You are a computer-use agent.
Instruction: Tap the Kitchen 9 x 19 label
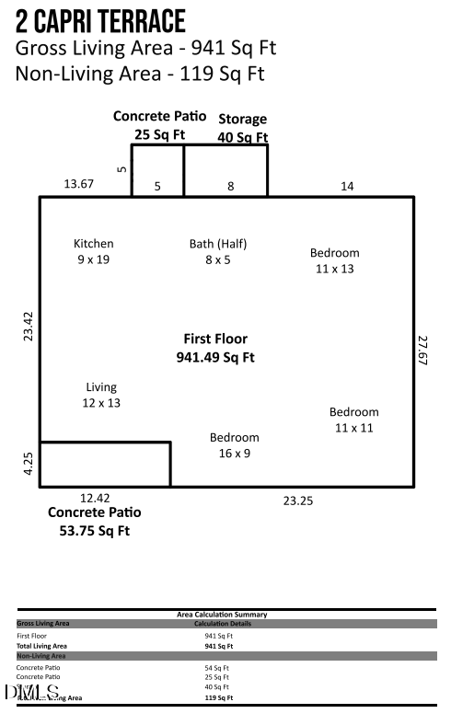(94, 251)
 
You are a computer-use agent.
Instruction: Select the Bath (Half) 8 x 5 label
(218, 251)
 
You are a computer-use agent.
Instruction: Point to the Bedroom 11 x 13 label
(334, 260)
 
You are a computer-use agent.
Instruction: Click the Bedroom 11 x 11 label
(353, 420)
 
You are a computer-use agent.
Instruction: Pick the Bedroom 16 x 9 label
(234, 445)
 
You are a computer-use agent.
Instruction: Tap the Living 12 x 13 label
(101, 395)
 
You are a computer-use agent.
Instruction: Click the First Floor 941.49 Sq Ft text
(215, 348)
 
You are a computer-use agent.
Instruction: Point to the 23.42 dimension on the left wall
(29, 327)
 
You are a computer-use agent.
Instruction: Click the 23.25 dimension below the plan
(297, 501)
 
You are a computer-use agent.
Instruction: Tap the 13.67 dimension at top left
(78, 185)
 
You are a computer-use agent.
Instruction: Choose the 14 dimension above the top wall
(347, 186)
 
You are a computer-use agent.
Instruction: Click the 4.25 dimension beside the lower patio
(29, 464)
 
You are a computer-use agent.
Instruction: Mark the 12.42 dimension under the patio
(95, 498)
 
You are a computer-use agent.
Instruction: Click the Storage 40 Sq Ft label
(242, 128)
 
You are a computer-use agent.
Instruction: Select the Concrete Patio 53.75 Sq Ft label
(95, 521)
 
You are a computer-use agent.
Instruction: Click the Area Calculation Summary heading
(222, 614)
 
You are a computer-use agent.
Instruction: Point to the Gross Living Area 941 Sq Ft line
(145, 48)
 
